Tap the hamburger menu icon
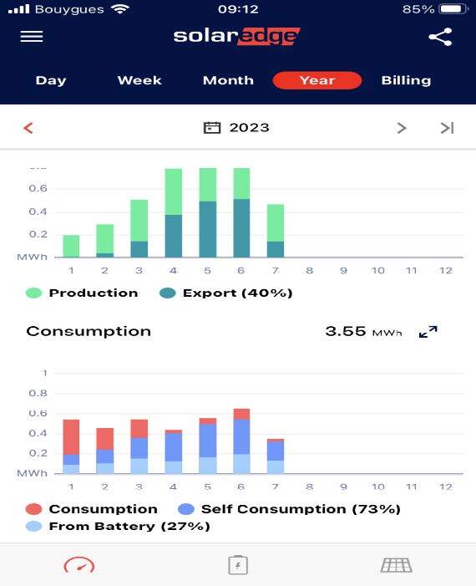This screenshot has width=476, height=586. (32, 37)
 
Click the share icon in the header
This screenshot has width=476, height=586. (441, 37)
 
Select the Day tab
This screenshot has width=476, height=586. (51, 80)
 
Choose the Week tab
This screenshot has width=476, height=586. (139, 80)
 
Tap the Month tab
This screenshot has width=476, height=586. (228, 80)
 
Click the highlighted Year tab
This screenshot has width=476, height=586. (317, 80)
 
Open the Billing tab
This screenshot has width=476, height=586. (406, 80)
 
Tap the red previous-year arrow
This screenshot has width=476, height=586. (28, 128)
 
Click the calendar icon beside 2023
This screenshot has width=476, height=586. (212, 128)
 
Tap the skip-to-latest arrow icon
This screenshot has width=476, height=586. (447, 128)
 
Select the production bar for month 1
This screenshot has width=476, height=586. (71, 246)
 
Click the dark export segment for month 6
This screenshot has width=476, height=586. (241, 228)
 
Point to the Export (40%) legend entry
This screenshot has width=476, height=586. (225, 293)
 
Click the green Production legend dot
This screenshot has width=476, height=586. (33, 293)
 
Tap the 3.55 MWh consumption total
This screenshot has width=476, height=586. (363, 332)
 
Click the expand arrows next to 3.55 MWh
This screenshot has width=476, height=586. (428, 332)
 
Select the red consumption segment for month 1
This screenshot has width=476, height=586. (71, 437)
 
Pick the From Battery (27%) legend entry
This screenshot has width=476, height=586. (118, 526)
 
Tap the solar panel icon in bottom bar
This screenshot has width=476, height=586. (397, 565)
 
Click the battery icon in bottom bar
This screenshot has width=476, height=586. (238, 565)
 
